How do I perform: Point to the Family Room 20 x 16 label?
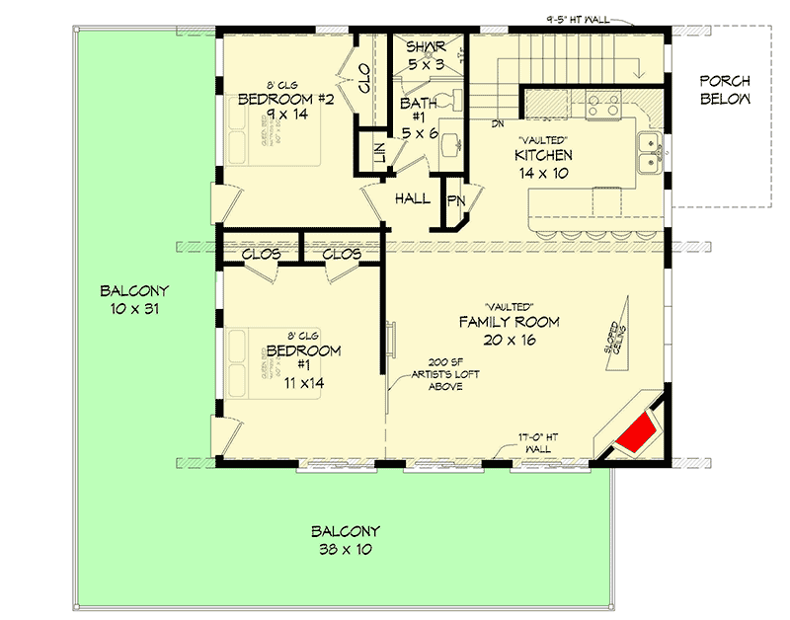(509, 331)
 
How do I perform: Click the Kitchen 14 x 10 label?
(542, 164)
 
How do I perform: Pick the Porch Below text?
(726, 90)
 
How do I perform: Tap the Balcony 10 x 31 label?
(134, 299)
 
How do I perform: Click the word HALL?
(412, 198)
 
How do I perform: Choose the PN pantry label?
(455, 200)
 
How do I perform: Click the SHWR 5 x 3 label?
(426, 56)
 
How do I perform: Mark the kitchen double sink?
(649, 153)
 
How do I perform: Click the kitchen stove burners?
(602, 104)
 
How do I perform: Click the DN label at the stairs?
(499, 123)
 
